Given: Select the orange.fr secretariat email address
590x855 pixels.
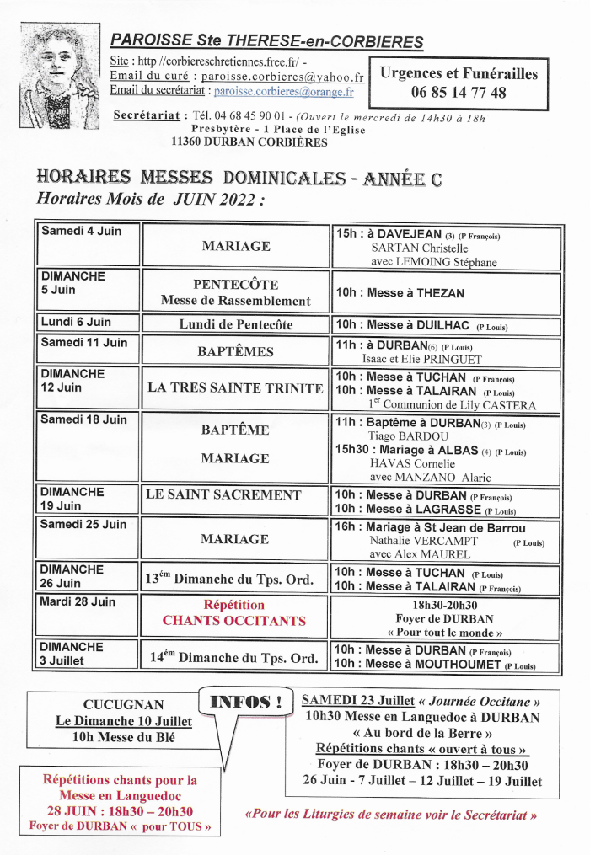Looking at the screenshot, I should point(289,90).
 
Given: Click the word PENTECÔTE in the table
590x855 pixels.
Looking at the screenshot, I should point(235,285).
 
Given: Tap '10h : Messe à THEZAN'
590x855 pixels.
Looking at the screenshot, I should point(400,293).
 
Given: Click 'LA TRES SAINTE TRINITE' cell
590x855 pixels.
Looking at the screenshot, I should point(235,388).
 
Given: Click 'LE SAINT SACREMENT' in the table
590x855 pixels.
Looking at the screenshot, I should point(223,494).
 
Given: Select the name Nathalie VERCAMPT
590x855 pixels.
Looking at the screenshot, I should point(411,541).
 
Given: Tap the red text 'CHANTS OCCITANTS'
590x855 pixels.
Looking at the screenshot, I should point(234,621).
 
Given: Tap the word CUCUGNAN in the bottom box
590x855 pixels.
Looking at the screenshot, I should point(124,704).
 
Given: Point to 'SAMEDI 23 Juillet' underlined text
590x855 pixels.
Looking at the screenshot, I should point(357,701).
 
